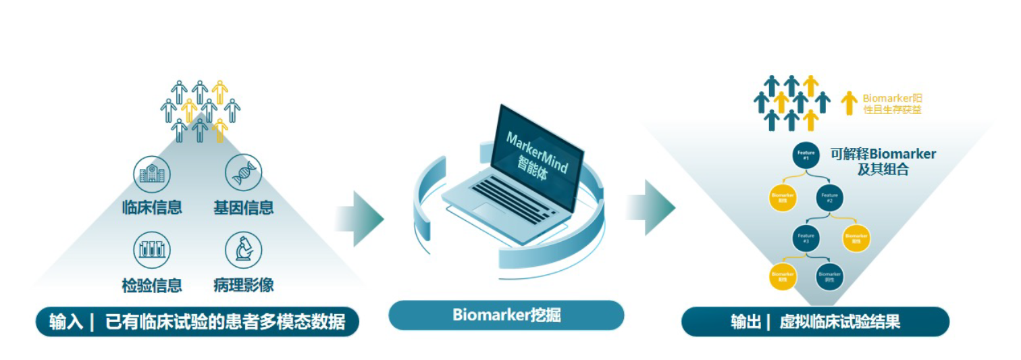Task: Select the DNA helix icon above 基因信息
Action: (x=243, y=173)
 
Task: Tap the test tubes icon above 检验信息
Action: (x=152, y=249)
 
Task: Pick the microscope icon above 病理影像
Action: (x=243, y=250)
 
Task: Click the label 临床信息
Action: (x=152, y=207)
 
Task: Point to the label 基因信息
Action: (x=243, y=207)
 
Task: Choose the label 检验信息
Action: (x=152, y=285)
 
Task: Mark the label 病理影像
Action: (x=243, y=285)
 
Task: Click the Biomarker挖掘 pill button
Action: (x=506, y=315)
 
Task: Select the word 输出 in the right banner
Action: (x=745, y=322)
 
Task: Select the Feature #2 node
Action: (x=829, y=198)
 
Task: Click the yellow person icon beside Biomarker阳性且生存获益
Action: (x=849, y=103)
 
